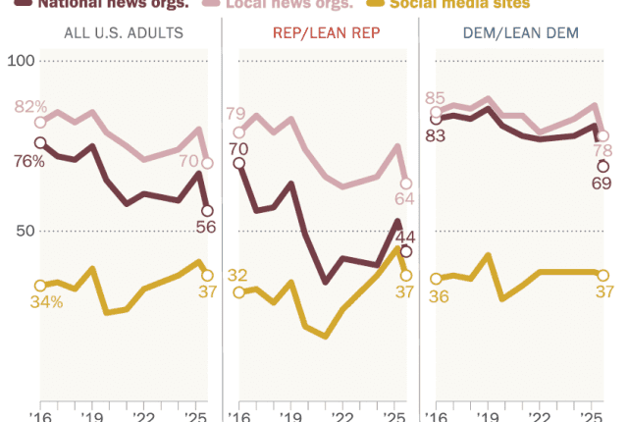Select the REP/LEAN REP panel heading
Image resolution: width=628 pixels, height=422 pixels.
[319, 33]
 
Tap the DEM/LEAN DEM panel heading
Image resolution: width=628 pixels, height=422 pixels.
[520, 33]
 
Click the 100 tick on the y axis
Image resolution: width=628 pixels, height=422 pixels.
[22, 62]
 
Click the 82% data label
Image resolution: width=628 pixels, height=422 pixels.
[30, 106]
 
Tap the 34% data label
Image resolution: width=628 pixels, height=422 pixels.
[46, 302]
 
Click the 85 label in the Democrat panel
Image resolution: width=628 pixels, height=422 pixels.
[435, 98]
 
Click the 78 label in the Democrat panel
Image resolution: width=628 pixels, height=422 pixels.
[602, 151]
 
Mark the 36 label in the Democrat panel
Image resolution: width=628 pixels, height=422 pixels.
[439, 297]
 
